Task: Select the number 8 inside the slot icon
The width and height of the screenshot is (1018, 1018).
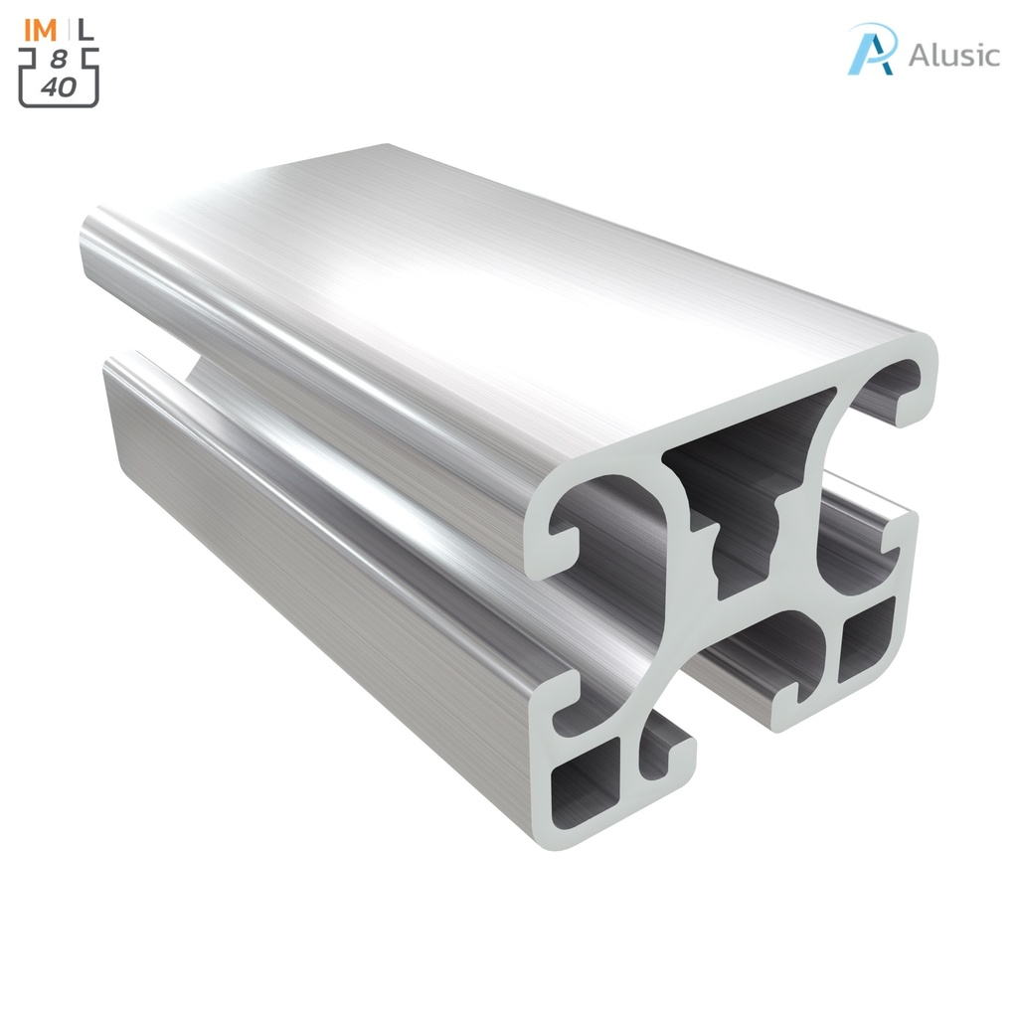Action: coord(59,61)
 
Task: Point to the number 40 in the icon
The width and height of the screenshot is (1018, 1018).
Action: coord(59,86)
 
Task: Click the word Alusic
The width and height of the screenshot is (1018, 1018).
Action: coord(952,55)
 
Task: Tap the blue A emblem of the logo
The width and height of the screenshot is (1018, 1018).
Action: coord(872,50)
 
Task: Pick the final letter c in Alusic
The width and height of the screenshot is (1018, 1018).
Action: coord(989,57)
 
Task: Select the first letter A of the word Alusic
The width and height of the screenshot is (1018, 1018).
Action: coord(920,55)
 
